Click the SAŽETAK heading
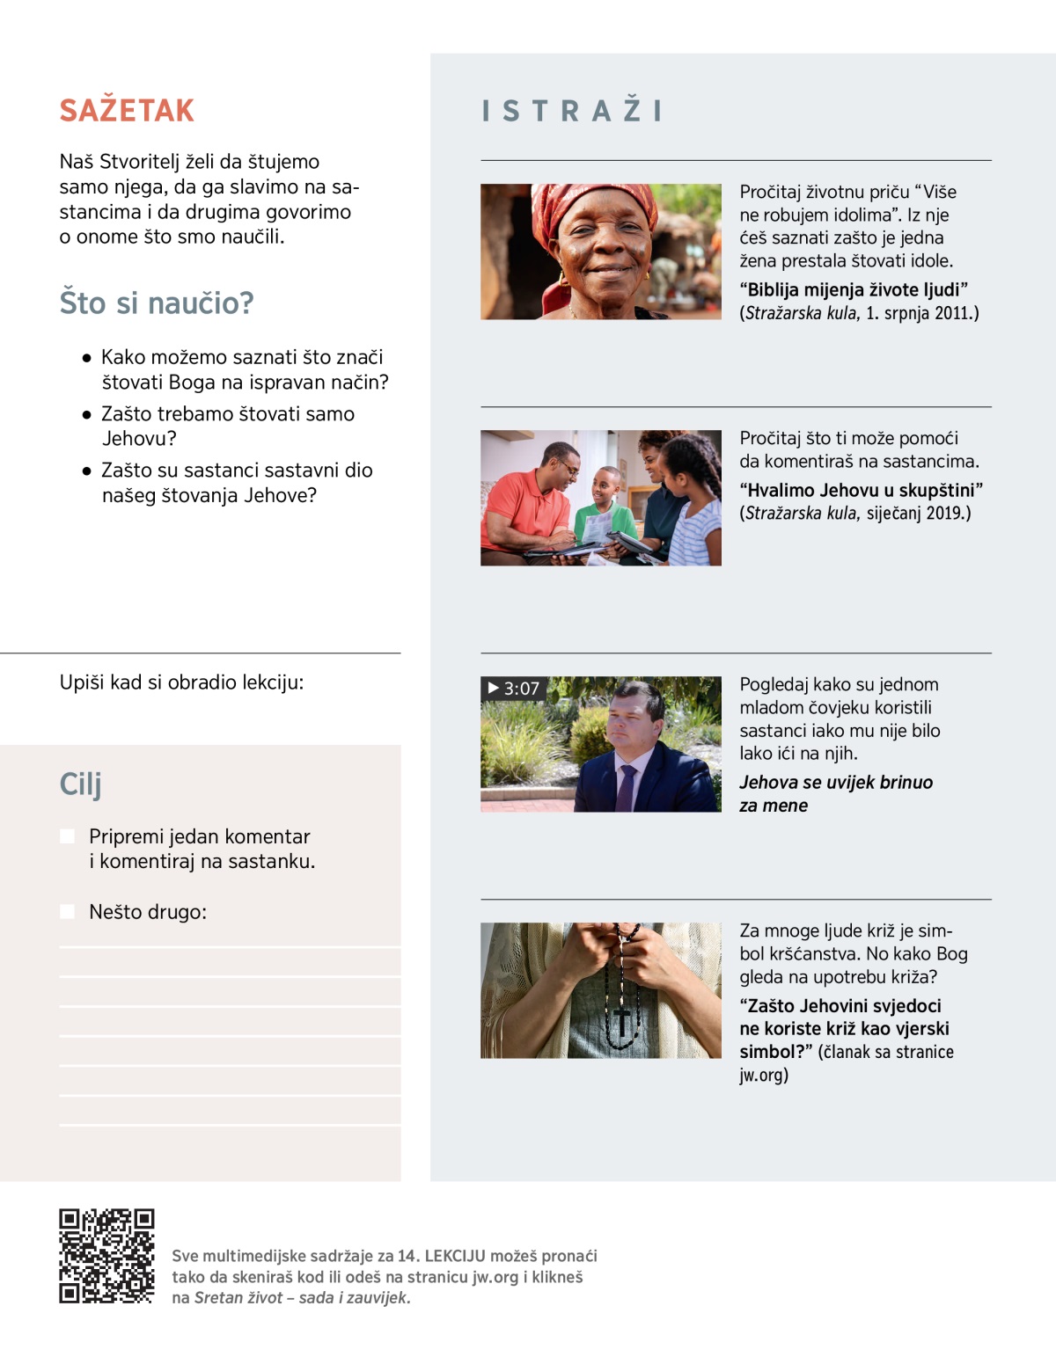tap(127, 111)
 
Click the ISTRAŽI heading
tap(572, 111)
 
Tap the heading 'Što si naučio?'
tap(157, 303)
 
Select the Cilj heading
tap(81, 784)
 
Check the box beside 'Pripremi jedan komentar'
tap(67, 836)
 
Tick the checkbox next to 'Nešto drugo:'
tap(67, 912)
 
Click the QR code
tap(106, 1256)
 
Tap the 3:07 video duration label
tap(513, 689)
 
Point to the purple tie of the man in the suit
tap(626, 787)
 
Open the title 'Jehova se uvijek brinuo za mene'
tap(835, 793)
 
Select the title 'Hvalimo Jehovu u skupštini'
tap(861, 490)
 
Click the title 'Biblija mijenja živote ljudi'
tap(854, 290)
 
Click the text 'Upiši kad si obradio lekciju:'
tap(181, 682)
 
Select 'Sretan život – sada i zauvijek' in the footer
tap(302, 1297)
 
